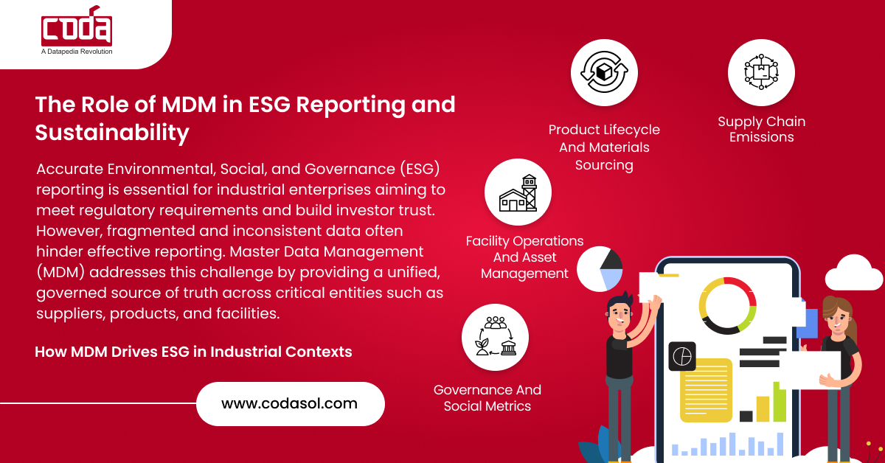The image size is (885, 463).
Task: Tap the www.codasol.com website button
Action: click(x=290, y=403)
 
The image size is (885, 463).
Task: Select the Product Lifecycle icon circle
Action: click(x=604, y=72)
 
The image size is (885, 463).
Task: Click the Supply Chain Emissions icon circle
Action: click(x=761, y=72)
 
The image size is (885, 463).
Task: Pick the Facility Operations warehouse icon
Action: click(x=518, y=192)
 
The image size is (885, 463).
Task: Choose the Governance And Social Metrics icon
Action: click(x=495, y=337)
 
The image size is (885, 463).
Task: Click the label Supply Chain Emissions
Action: click(x=761, y=129)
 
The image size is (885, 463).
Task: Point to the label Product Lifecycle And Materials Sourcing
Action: click(x=604, y=147)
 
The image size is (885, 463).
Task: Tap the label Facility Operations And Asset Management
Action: click(x=524, y=257)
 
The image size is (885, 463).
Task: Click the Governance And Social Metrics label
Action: click(x=487, y=397)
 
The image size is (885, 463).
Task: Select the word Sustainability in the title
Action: click(x=112, y=133)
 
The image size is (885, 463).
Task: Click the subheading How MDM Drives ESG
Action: click(x=193, y=352)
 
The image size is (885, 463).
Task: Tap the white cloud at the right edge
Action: click(x=854, y=273)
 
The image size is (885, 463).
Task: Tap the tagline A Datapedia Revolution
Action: click(x=77, y=51)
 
